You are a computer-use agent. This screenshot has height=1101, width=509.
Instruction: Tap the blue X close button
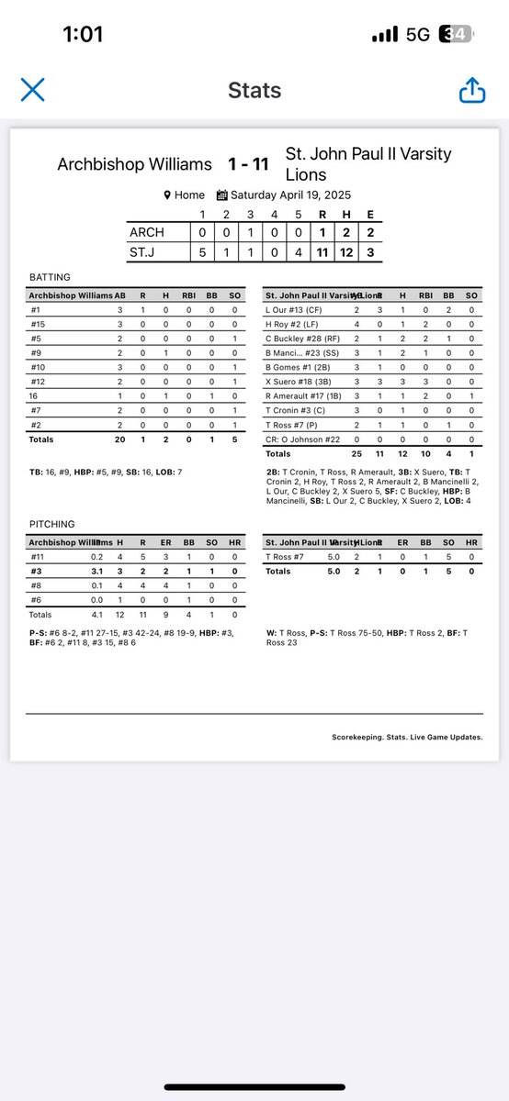pos(33,90)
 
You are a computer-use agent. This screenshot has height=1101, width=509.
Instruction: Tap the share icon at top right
pos(471,90)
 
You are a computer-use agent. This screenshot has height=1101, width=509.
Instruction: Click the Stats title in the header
pos(254,90)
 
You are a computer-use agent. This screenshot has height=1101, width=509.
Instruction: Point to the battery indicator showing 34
pos(457,35)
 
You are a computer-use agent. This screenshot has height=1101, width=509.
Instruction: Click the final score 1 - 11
pos(248,164)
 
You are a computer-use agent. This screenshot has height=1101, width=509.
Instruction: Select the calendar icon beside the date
pos(221,195)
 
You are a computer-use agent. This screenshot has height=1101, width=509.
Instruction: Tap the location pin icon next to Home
pos(167,195)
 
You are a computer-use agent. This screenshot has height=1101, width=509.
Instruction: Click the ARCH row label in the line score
pos(147,233)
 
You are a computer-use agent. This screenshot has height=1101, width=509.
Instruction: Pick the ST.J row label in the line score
pos(146,250)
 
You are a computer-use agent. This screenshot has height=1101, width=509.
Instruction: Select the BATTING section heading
pos(51,277)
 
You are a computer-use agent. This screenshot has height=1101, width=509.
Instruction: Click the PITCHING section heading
pos(52,524)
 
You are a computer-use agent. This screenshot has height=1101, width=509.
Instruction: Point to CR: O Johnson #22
pos(301,439)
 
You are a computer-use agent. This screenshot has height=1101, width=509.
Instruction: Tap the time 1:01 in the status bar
pos(83,35)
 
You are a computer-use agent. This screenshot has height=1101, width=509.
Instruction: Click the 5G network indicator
pos(418,35)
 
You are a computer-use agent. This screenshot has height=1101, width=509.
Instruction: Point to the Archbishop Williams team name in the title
pos(135,165)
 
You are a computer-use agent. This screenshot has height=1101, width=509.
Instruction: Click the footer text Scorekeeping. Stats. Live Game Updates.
pos(407,737)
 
